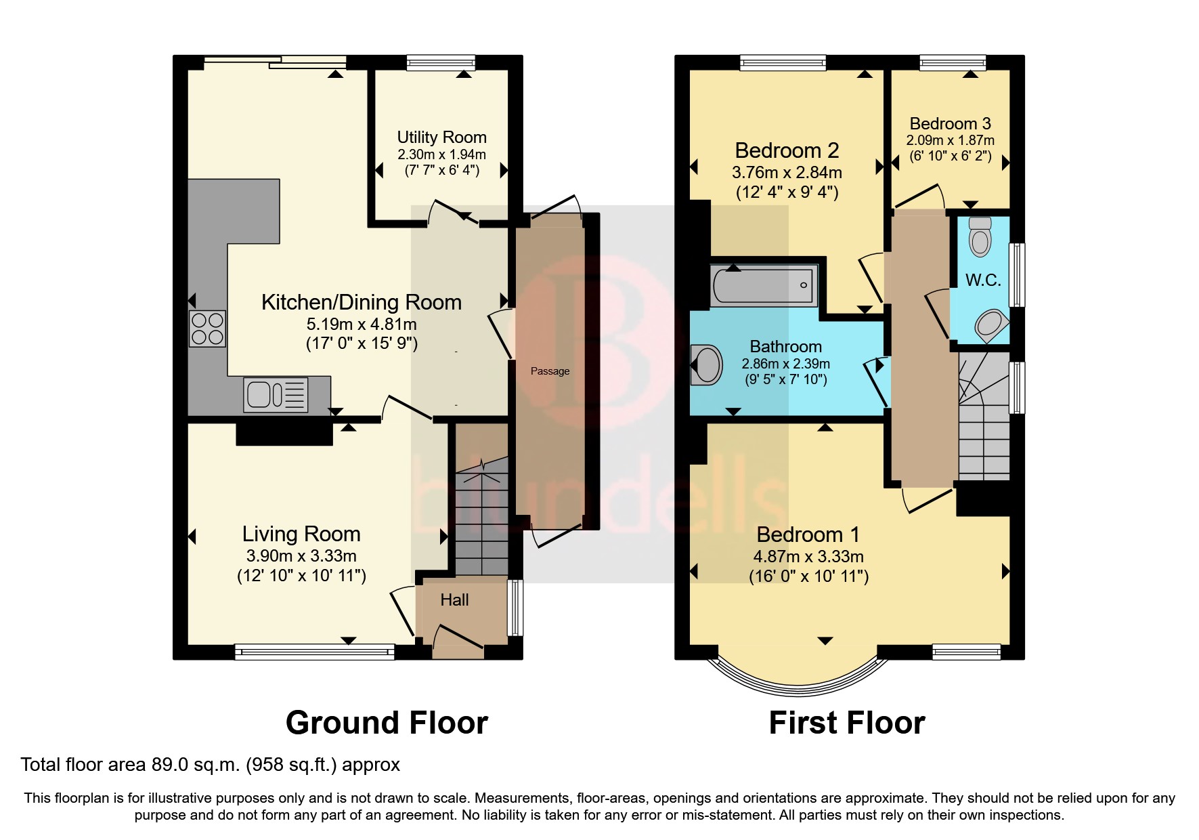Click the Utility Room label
(x=441, y=138)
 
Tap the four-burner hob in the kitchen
(x=206, y=329)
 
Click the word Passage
(x=550, y=371)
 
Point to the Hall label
(x=454, y=600)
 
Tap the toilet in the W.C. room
(x=980, y=236)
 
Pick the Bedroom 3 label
(x=950, y=123)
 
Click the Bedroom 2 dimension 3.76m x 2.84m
(x=787, y=173)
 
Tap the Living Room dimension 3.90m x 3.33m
(x=301, y=557)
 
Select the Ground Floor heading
(x=387, y=723)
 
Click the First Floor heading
(x=846, y=723)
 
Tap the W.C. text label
(x=982, y=280)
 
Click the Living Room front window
(x=314, y=652)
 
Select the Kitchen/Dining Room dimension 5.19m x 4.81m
(x=362, y=324)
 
